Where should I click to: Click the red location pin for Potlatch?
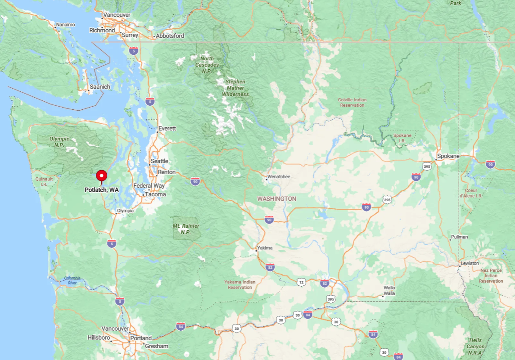102,176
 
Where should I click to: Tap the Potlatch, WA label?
102,190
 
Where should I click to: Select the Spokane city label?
448,156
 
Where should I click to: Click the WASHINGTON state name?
276,198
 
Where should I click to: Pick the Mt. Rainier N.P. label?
186,229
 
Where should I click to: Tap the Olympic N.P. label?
59,142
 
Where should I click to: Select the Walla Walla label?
389,290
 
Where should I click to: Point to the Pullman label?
459,237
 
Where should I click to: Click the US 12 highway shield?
301,282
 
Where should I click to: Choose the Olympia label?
125,211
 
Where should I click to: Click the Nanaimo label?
65,25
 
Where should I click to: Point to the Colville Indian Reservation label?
352,102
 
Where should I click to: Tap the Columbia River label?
72,280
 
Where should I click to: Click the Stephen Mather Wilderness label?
235,88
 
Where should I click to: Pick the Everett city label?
167,129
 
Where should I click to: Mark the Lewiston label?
470,263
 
